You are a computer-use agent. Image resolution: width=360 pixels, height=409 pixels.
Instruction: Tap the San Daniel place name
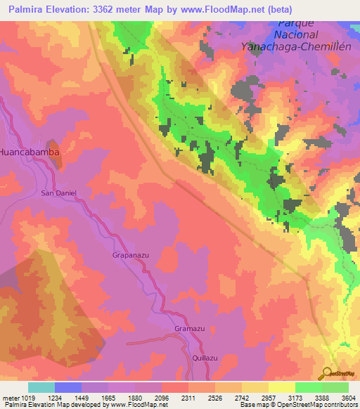pyautogui.click(x=58, y=193)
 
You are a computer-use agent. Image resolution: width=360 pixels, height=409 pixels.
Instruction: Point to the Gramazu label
pyautogui.click(x=188, y=329)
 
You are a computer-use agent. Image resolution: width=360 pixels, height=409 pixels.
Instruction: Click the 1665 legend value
pyautogui.click(x=108, y=398)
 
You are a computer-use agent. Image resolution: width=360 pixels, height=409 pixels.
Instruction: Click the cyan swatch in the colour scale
pyautogui.click(x=41, y=387)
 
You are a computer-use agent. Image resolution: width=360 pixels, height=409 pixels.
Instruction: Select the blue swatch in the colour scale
pyautogui.click(x=68, y=387)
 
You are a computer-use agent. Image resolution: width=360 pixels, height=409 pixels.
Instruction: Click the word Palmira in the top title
pyautogui.click(x=28, y=10)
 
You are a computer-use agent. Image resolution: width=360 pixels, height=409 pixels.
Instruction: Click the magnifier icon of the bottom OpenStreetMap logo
pyautogui.click(x=327, y=372)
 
